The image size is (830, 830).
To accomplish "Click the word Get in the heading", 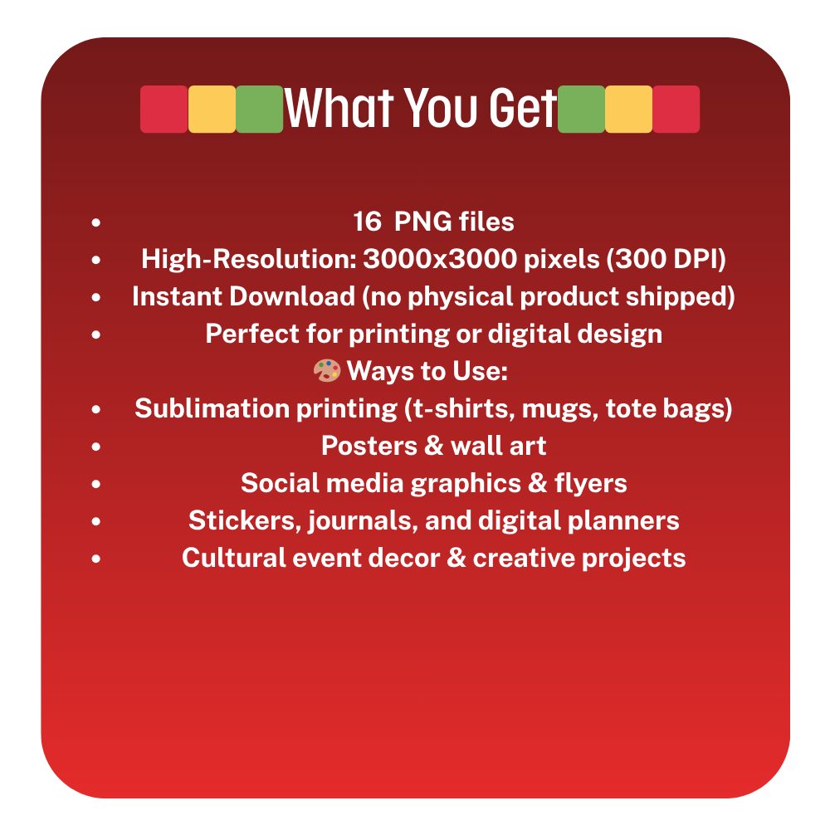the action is coord(523,108).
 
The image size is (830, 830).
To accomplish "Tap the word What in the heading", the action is coord(339,108).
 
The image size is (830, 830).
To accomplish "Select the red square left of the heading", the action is coord(164,109).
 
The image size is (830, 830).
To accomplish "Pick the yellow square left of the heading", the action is coord(212,109).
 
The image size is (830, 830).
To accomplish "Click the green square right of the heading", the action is coord(581,109).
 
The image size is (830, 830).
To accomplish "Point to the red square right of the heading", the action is coord(676,109).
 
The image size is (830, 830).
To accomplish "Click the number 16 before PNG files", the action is coord(367,222).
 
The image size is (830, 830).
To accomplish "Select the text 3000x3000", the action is coord(440,259).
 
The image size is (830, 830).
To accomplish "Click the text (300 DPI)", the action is coord(666,259).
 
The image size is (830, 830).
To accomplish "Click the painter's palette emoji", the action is coord(326,370).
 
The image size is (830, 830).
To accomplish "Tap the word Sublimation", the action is coord(212,408).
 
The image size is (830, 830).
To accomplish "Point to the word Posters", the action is coord(369,447).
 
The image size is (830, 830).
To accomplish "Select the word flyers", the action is coord(591,484).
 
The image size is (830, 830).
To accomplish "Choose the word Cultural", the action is coord(233,559).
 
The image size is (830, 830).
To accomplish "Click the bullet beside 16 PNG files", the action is coord(95,222).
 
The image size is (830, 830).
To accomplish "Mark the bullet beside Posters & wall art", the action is coord(95,447).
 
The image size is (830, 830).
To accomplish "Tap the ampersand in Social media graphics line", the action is coord(538,483).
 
